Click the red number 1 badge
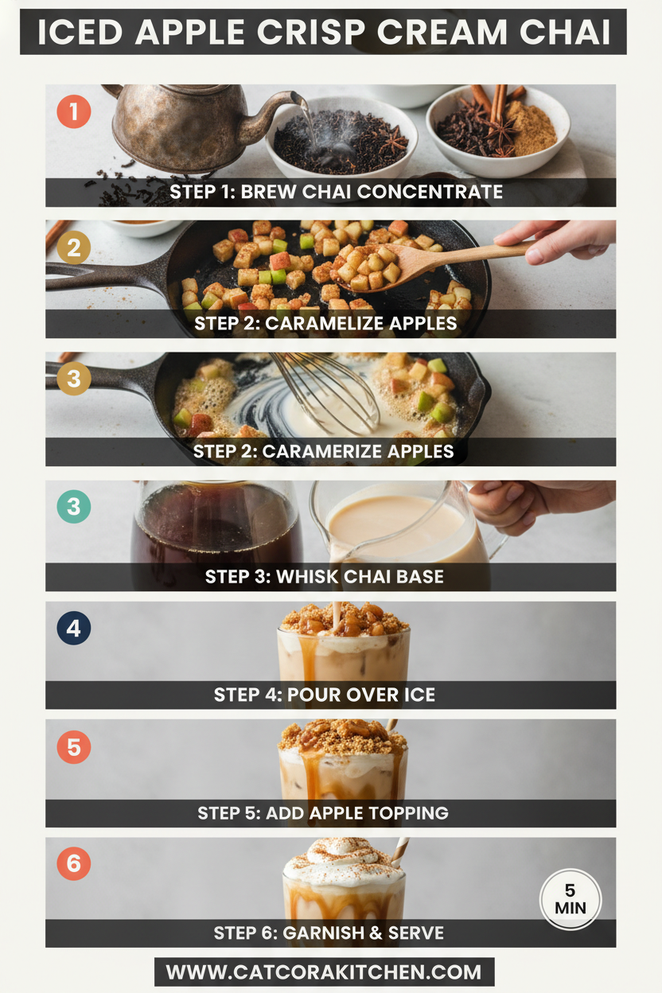[x=73, y=111]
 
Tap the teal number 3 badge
[x=73, y=507]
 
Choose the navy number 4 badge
[x=73, y=629]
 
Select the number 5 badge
[x=73, y=747]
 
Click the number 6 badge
[x=73, y=864]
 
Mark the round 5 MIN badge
[x=570, y=900]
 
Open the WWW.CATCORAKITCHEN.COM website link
[x=324, y=972]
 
